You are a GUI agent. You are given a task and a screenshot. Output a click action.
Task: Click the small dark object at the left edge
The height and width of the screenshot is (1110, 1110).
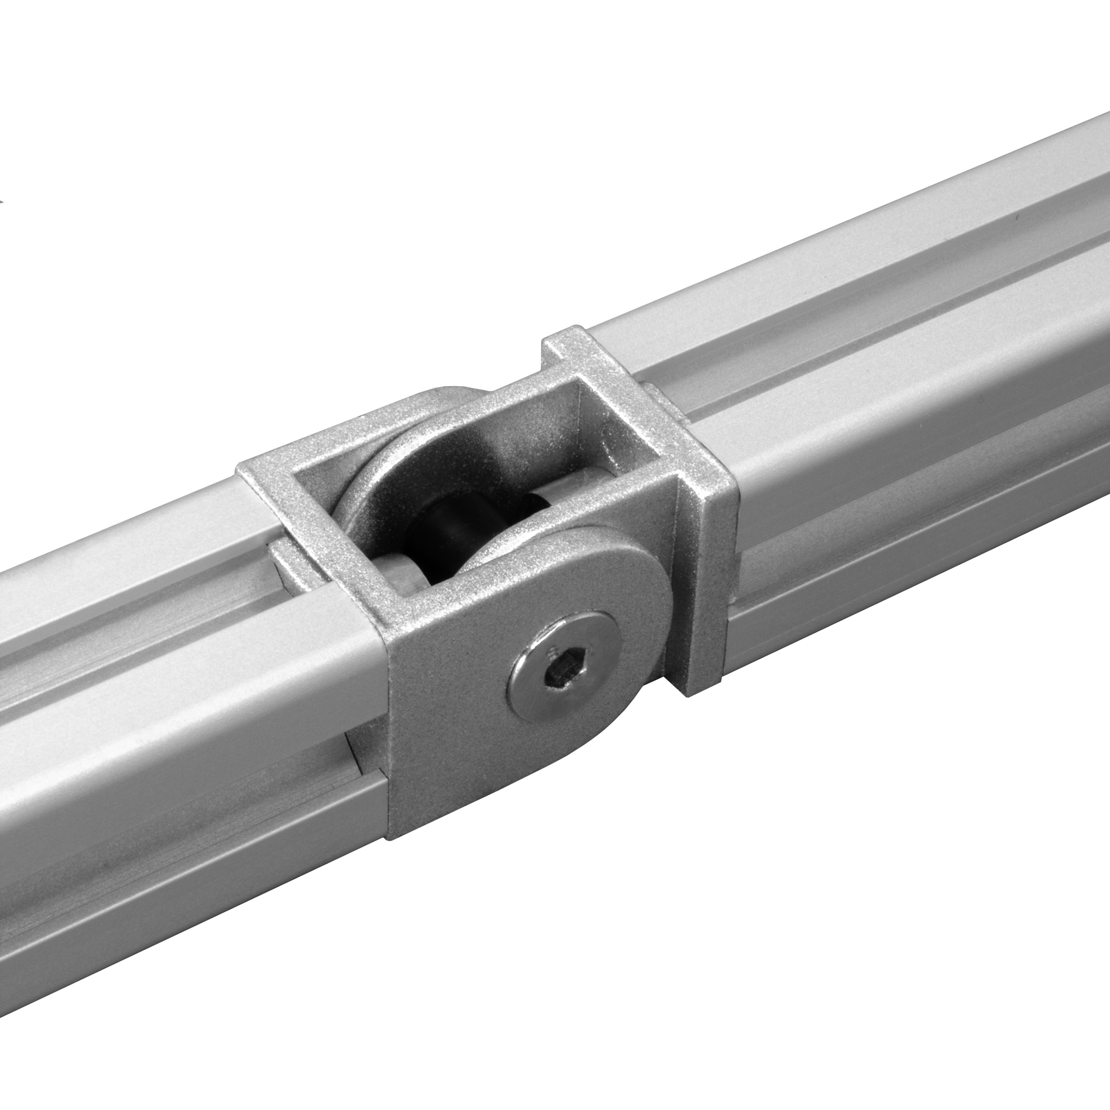[2, 202]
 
